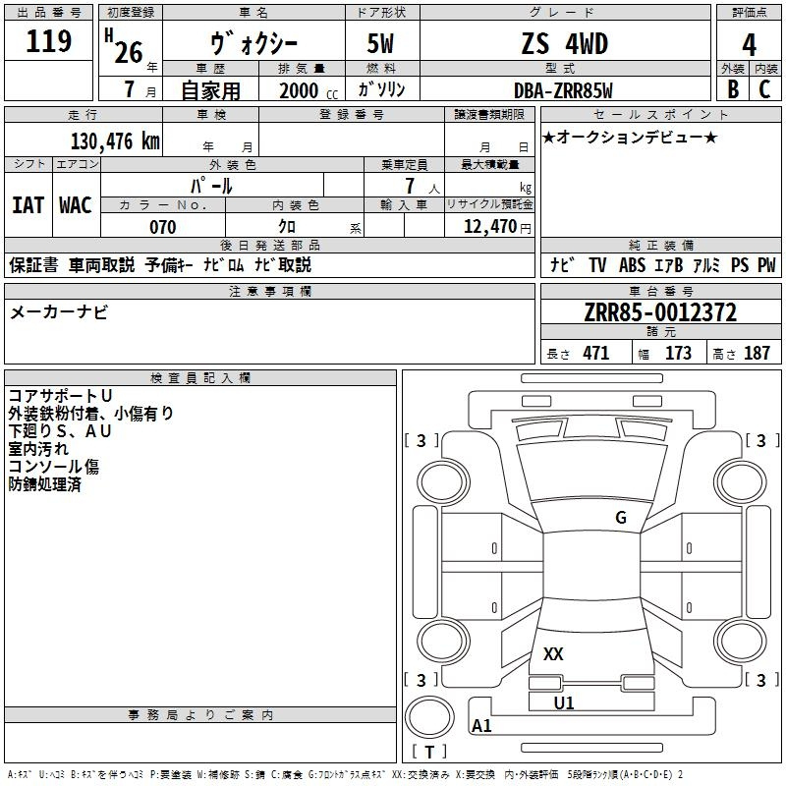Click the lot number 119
(50, 41)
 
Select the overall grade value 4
(749, 43)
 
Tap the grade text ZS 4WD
(564, 43)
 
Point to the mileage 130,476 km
(115, 140)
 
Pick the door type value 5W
(382, 43)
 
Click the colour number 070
(162, 227)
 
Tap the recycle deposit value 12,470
(488, 227)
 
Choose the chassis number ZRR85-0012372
(660, 313)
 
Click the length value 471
(595, 354)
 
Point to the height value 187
(757, 354)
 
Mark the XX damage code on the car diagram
(554, 654)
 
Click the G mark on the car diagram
(620, 518)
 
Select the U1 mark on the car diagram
(564, 702)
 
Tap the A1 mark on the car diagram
(481, 726)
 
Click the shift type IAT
(28, 205)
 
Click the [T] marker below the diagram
(429, 752)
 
